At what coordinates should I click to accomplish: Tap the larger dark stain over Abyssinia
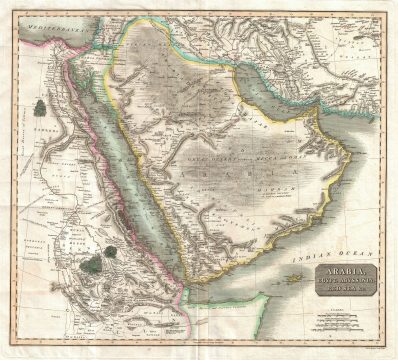coord(92,265)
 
